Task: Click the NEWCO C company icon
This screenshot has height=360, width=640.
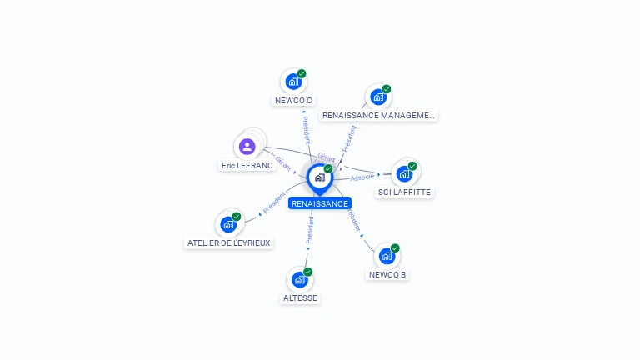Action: point(292,82)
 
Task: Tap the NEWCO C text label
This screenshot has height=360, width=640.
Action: point(293,101)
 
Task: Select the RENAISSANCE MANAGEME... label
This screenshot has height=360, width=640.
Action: point(378,116)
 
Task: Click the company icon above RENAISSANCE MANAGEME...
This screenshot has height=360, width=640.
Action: point(378,97)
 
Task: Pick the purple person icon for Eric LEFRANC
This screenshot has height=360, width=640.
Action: point(247,147)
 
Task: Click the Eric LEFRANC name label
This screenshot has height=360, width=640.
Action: point(247,166)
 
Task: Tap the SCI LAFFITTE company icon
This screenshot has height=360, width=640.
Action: point(404,173)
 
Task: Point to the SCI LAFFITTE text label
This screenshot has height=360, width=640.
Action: point(406,192)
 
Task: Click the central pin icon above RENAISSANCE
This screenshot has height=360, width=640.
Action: point(319,177)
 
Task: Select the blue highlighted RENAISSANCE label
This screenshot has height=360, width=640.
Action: point(320,203)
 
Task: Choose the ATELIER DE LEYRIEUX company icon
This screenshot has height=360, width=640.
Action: point(227,224)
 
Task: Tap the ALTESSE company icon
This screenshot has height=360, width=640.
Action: point(300,279)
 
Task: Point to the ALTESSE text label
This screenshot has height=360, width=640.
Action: point(301,298)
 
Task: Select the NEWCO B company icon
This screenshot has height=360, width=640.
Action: point(387,256)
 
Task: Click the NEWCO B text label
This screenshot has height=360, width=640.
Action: point(387,275)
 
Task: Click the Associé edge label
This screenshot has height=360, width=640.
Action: point(362,177)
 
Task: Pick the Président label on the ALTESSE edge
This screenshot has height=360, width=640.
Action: point(310,231)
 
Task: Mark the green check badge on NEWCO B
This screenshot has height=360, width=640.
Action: point(395,248)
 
